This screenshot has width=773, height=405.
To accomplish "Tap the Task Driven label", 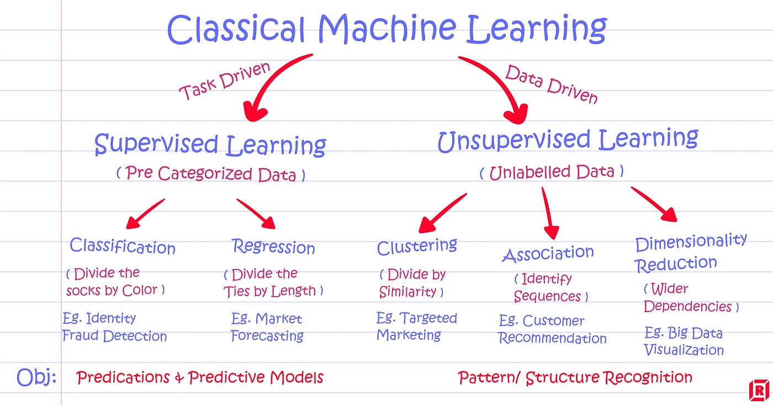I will coord(225,82).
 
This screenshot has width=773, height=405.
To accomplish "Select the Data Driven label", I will coord(551,85).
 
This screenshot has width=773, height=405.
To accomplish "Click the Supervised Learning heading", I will coord(210,145).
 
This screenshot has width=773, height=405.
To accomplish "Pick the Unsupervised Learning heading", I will coord(568,139).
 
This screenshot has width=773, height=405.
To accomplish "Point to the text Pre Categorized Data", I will coord(210,174).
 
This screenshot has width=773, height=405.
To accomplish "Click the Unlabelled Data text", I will coord(551,172).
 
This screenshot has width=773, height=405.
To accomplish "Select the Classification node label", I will coord(123,246).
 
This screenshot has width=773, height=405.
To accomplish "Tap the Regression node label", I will coord(273,246).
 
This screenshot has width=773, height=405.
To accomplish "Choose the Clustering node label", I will coord(417,246).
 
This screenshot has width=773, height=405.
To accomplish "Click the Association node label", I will coord(548,254).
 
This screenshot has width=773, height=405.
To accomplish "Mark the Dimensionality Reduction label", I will coord(690,253).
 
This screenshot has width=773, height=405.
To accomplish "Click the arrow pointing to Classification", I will coord(145,214).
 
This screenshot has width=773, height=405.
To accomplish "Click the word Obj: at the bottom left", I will coord(36,377).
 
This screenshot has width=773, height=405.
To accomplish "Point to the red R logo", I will coord(759,391).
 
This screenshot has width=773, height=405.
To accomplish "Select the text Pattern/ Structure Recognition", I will coord(575,378).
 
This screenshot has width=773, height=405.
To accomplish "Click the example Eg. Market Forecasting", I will coord(267,327).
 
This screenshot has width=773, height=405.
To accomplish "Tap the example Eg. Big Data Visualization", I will coord(684,341).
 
